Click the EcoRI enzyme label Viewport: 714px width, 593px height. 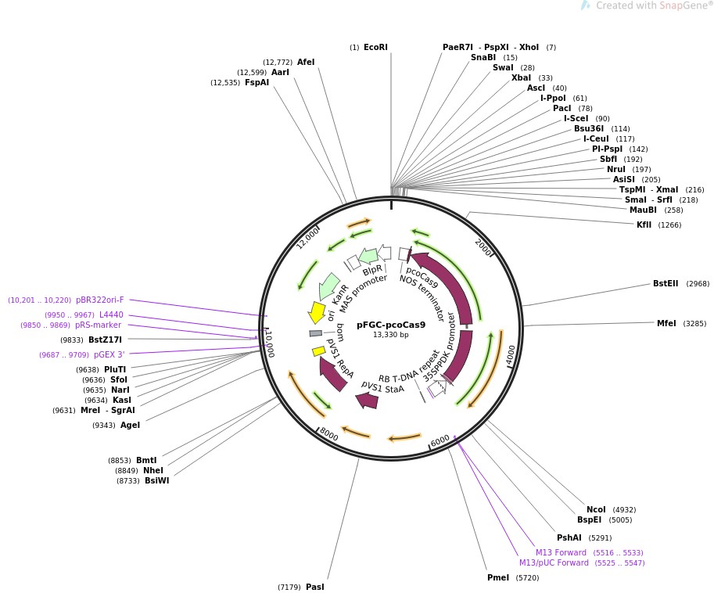[375, 48]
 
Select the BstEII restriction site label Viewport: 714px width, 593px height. [667, 284]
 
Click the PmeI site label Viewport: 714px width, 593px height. [497, 578]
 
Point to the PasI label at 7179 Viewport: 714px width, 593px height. [314, 587]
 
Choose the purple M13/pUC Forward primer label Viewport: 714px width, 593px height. [554, 562]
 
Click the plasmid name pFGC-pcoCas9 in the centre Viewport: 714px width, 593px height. [391, 325]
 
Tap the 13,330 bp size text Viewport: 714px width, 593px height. [391, 336]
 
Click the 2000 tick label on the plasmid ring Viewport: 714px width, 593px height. [483, 247]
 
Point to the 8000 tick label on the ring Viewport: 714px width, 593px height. [328, 434]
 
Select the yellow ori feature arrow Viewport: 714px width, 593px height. [317, 312]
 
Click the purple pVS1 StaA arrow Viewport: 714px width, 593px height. [367, 401]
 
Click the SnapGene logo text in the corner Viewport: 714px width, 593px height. [654, 6]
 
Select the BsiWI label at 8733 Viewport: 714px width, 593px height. [156, 480]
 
